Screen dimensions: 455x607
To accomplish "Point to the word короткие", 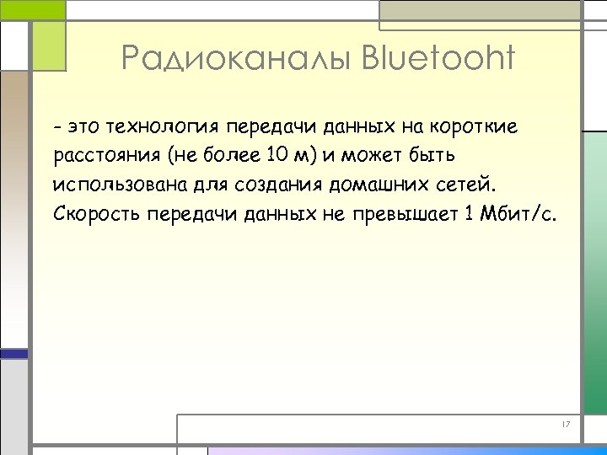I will [475, 128].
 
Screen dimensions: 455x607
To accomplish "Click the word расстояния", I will [107, 157].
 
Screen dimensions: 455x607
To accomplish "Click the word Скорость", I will [97, 213].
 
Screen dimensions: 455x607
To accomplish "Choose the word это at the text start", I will [85, 128].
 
